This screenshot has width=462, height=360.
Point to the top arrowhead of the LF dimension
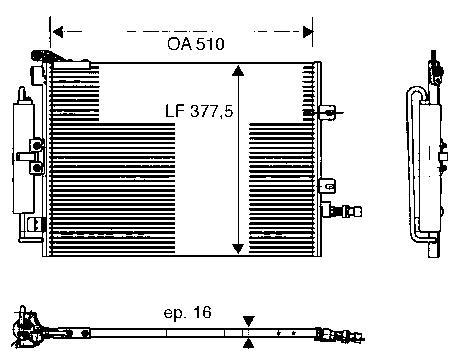tap(237, 71)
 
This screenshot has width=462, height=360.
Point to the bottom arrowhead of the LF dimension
tap(237, 247)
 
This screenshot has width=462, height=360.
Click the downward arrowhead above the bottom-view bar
tap(248, 319)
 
